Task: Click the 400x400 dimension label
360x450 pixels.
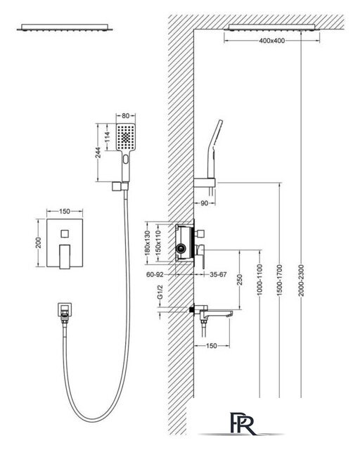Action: tap(272, 41)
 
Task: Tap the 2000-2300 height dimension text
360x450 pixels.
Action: tap(301, 281)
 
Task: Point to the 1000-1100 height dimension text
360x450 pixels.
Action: tap(259, 280)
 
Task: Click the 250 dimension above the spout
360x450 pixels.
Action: tap(240, 280)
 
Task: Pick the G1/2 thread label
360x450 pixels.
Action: tap(160, 292)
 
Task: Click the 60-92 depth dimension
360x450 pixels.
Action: tap(155, 275)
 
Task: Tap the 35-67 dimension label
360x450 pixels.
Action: tap(218, 275)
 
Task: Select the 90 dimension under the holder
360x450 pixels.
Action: tap(204, 203)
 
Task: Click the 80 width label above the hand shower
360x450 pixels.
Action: tap(125, 116)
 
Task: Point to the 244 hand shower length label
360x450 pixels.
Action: tap(98, 153)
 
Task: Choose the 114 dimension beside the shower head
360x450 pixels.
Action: tap(107, 137)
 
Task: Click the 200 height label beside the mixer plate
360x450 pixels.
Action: tap(39, 243)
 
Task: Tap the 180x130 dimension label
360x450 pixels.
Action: tap(147, 243)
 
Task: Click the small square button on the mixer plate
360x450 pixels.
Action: tap(65, 233)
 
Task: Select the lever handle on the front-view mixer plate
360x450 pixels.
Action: tap(65, 257)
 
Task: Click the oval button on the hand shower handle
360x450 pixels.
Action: tap(125, 159)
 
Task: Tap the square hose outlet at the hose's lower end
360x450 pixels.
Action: tap(65, 309)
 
